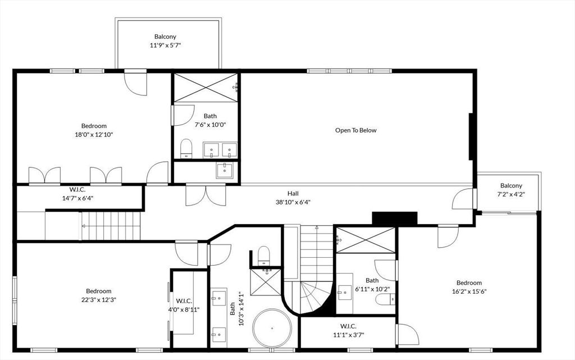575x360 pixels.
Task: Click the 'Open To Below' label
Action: [x=355, y=130]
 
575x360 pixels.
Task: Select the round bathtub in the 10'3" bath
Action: [x=272, y=329]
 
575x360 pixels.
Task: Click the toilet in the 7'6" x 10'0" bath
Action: [x=186, y=149]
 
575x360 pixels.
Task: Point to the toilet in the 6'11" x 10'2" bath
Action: [x=385, y=299]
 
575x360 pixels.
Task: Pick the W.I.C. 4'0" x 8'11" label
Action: [x=188, y=305]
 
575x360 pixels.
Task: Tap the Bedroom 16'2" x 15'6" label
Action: [x=469, y=287]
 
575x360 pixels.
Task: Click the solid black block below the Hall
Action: [x=395, y=218]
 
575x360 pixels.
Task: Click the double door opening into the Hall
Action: [x=206, y=195]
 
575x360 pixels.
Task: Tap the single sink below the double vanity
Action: [x=225, y=170]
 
